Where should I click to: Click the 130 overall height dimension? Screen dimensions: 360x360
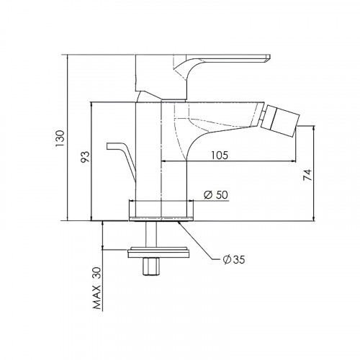point(60,139)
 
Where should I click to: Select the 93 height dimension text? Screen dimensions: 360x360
point(86,157)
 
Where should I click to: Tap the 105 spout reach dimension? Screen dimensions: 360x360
point(220,156)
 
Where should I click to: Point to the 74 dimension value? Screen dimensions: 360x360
point(307,175)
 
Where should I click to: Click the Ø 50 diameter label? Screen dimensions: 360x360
point(216,194)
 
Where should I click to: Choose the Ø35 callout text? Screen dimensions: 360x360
point(234,259)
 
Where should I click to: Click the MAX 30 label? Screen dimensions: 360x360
point(97,288)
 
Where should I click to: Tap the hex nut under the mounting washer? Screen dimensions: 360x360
point(150,267)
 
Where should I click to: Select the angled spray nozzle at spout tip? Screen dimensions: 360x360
point(280,120)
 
